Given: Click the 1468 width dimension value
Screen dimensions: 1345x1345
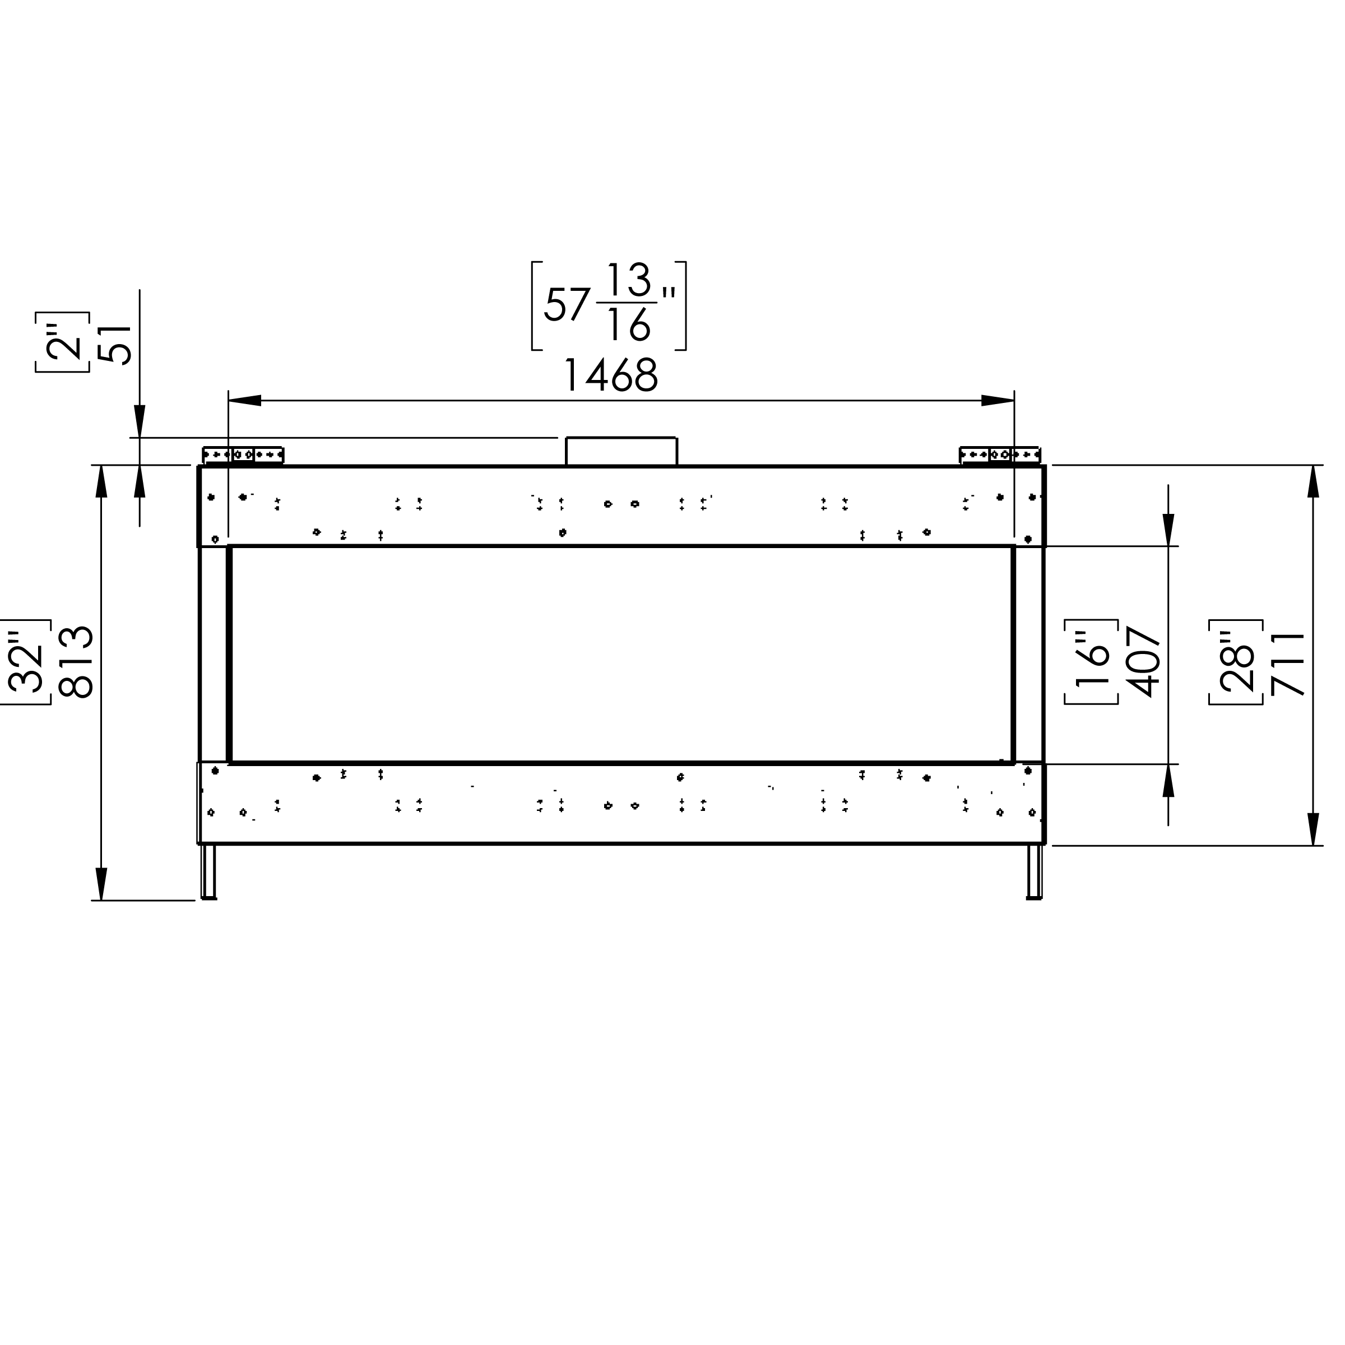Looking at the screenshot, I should click(x=610, y=376).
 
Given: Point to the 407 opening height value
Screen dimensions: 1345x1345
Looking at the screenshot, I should click(x=1143, y=661).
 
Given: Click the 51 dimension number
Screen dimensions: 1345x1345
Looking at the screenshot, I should click(x=115, y=344).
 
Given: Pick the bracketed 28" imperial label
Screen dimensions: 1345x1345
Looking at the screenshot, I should click(x=1237, y=662).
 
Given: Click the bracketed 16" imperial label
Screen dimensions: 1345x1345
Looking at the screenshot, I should click(x=1092, y=661).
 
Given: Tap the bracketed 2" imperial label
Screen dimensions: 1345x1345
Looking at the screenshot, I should click(x=63, y=342).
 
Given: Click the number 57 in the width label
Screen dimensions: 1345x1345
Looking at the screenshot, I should click(x=567, y=305).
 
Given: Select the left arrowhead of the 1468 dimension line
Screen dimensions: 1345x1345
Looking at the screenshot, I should click(x=244, y=400).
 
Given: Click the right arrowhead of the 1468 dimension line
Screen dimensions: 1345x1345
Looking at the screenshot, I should click(x=998, y=400).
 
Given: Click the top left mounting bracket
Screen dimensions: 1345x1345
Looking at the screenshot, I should click(x=243, y=455).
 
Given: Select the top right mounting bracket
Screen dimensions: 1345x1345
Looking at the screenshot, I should click(x=1000, y=455).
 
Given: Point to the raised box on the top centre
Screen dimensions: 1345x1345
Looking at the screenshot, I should click(x=621, y=451).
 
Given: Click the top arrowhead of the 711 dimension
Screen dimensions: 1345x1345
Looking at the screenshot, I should click(x=1313, y=480).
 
